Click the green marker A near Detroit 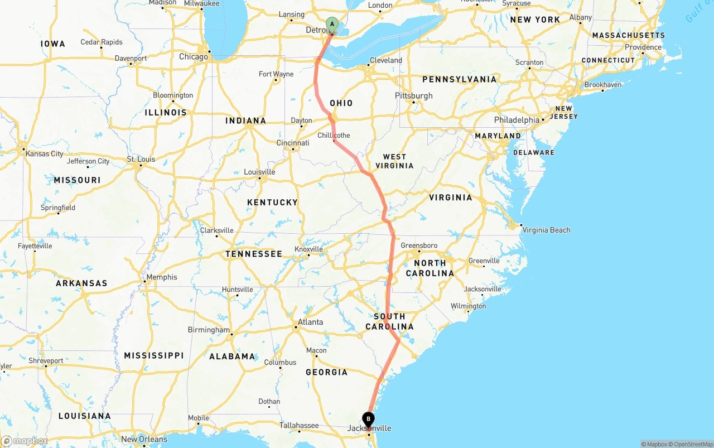[332, 25]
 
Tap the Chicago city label [193, 56]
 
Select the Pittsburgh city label [413, 95]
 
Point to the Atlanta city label [310, 322]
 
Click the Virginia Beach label [546, 230]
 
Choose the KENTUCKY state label [272, 203]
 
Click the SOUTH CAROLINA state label [389, 321]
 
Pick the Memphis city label [161, 277]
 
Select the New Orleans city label [144, 439]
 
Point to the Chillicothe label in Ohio [334, 136]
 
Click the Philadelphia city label [517, 120]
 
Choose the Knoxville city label [308, 249]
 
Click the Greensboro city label [419, 245]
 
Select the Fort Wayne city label [276, 74]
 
